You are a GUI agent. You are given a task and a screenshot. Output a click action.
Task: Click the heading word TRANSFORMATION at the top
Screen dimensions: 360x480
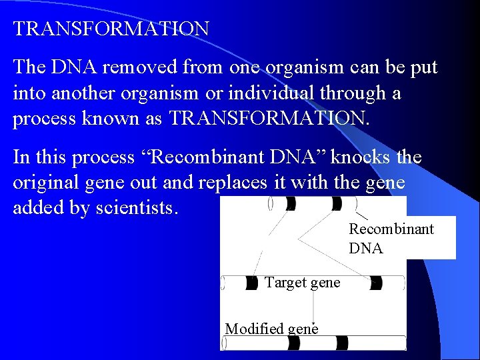(111, 29)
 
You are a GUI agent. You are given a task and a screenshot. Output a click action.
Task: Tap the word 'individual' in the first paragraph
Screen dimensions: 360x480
(281, 93)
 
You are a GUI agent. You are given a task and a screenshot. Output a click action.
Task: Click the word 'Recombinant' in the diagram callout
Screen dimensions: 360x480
(391, 229)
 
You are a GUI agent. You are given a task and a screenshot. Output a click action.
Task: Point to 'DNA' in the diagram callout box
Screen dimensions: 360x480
(366, 249)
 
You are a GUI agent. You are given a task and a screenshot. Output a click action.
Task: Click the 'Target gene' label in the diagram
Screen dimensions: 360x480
(302, 282)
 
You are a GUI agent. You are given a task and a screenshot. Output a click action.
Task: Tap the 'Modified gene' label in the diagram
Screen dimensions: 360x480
(271, 328)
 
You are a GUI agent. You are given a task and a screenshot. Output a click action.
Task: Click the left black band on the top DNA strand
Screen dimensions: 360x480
(291, 203)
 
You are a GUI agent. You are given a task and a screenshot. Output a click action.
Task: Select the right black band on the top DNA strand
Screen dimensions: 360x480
(337, 203)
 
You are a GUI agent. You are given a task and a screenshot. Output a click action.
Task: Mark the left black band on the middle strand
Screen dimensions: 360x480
(251, 283)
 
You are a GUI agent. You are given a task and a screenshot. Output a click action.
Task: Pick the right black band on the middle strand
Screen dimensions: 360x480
(376, 283)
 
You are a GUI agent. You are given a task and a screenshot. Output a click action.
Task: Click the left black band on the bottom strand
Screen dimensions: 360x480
(293, 343)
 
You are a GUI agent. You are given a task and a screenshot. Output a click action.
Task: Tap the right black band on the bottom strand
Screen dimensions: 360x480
(342, 343)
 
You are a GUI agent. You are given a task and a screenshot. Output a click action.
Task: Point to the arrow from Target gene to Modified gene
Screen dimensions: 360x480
(314, 310)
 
